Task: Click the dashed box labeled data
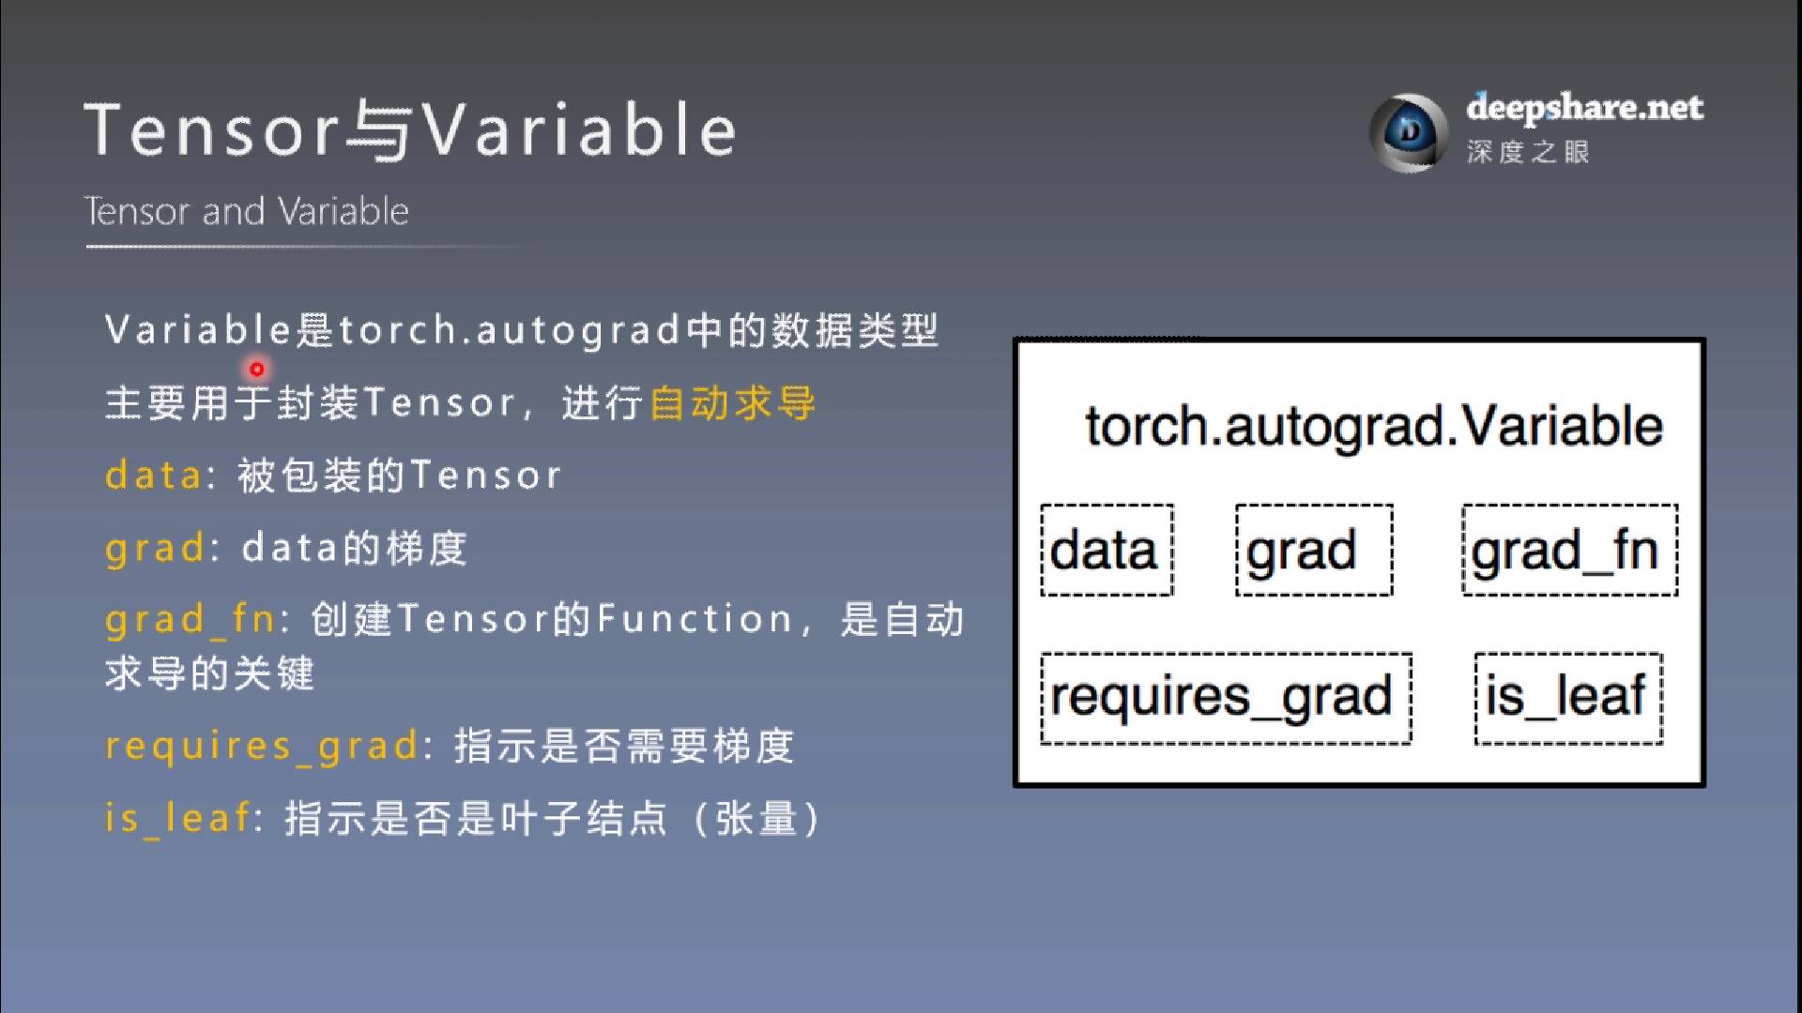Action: [1107, 551]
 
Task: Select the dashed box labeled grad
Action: [1313, 551]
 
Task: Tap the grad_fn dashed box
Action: [1569, 551]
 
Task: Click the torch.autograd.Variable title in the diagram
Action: [1373, 427]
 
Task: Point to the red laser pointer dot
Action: [256, 369]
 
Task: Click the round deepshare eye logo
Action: [1408, 132]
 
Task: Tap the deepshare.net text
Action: [1584, 108]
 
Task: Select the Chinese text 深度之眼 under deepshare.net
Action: [1528, 152]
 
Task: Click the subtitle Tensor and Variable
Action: [247, 212]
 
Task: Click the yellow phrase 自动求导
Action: [732, 403]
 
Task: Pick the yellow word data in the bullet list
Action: [153, 476]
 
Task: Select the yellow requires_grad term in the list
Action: [261, 747]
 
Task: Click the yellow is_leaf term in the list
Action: [177, 818]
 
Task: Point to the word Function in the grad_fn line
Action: [695, 619]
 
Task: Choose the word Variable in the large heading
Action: [577, 130]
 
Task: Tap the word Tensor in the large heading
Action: [212, 130]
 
